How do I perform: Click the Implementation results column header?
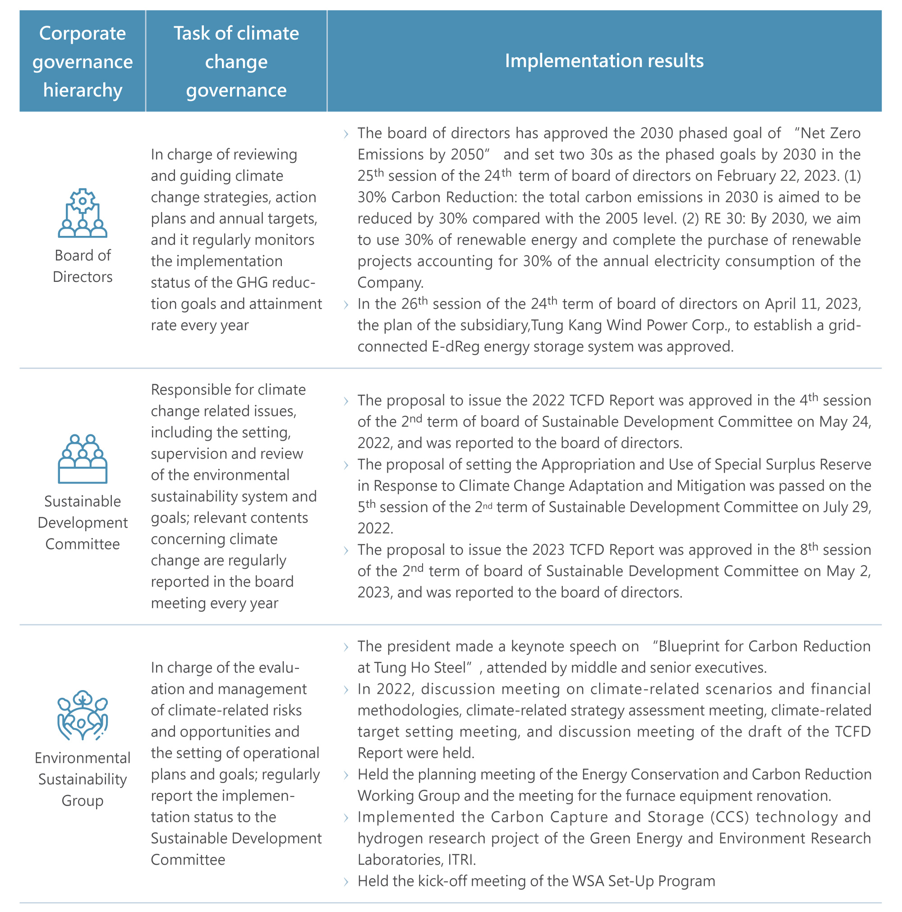[x=604, y=61]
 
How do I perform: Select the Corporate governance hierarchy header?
[x=83, y=61]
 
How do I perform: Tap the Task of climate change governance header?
[x=236, y=61]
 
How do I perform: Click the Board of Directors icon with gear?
[x=83, y=213]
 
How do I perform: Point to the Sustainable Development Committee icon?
[x=83, y=459]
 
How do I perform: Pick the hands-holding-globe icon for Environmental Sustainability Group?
[x=83, y=715]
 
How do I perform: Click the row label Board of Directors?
[x=83, y=266]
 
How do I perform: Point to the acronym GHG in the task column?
[x=253, y=282]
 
